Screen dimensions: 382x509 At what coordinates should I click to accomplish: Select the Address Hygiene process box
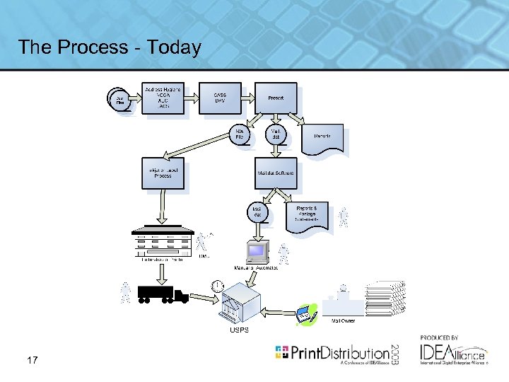point(163,98)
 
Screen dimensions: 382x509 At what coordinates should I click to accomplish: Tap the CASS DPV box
point(219,98)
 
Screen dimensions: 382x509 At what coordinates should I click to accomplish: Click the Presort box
point(276,98)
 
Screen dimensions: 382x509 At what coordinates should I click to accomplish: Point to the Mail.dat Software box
point(276,172)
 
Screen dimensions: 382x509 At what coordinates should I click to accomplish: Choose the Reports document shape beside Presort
point(322,137)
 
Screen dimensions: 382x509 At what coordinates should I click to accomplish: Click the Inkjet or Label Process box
point(163,172)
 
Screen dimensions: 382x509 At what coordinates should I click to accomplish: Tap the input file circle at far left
point(118,99)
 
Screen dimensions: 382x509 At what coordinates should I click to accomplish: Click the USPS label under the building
point(239,330)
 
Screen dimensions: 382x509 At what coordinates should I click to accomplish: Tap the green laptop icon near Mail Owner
point(305,313)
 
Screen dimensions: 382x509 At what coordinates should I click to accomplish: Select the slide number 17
point(32,361)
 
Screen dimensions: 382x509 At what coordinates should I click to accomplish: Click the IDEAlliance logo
point(452,352)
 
